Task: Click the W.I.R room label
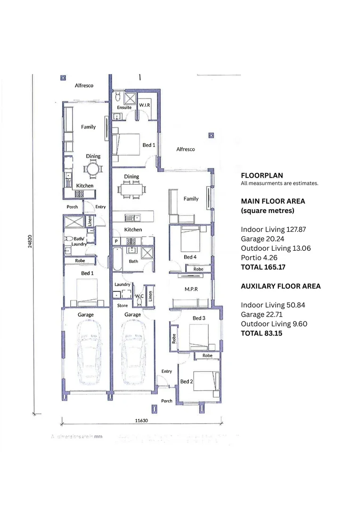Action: pos(144,104)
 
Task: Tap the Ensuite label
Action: pos(124,107)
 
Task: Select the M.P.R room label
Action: pos(190,289)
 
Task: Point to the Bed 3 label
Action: pos(199,318)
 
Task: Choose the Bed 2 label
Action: pos(186,381)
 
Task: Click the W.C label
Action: pos(139,296)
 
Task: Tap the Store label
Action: pos(122,305)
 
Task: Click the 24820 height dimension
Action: pos(30,241)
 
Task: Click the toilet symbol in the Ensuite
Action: pos(118,98)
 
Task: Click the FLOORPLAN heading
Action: pos(262,175)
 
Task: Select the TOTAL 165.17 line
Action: pos(263,267)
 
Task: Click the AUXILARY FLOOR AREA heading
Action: pos(280,286)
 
